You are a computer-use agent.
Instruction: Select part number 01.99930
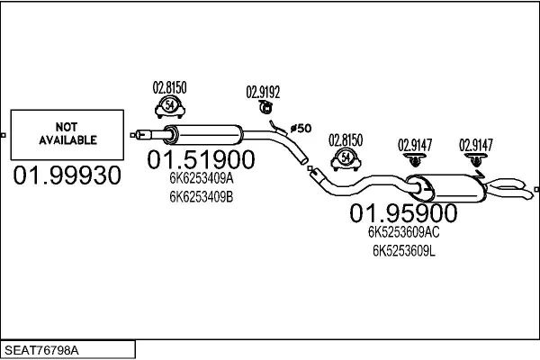pos(67,175)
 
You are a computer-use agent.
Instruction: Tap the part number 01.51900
pos(201,159)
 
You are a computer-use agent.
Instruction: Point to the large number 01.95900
pos(403,213)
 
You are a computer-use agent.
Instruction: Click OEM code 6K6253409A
pos(202,178)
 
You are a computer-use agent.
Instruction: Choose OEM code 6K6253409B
pos(202,197)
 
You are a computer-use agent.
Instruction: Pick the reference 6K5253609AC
pos(403,232)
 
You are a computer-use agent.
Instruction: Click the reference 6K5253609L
pos(403,251)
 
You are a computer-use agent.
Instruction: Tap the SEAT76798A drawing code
pos(41,350)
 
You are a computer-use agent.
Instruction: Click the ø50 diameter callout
pos(301,129)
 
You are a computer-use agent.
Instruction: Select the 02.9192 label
pos(263,92)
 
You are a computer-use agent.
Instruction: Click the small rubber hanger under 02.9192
pos(265,107)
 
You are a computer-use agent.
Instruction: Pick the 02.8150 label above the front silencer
pos(170,87)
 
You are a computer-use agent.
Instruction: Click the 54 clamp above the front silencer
pos(170,107)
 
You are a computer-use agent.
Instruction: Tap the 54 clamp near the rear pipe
pos(346,159)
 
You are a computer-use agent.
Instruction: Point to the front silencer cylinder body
pos(203,135)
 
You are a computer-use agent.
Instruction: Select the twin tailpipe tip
pos(510,189)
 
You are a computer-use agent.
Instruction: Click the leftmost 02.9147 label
pos(415,145)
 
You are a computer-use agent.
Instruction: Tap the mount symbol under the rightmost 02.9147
pos(476,160)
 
